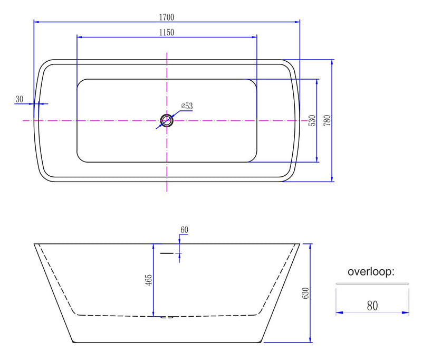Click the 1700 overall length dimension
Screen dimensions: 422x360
167,17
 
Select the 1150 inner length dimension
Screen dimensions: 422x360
167,33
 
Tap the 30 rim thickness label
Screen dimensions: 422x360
20,99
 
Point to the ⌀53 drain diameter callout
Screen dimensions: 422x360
187,106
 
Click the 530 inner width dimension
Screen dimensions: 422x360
312,120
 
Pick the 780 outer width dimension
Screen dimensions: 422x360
327,120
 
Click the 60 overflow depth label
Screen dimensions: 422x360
184,230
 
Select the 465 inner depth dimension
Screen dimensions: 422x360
149,280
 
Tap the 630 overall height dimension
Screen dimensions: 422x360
305,293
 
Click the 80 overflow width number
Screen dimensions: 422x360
372,306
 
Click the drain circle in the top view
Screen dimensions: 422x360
167,120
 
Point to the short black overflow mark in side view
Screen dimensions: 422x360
167,253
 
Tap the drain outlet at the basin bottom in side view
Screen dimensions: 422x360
167,317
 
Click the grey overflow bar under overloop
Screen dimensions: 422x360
372,283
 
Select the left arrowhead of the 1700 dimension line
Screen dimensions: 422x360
37,22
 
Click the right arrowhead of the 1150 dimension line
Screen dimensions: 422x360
254,37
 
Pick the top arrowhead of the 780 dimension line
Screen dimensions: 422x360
332,62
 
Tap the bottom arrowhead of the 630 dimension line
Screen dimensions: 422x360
310,339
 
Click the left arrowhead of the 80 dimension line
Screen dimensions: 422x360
340,312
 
